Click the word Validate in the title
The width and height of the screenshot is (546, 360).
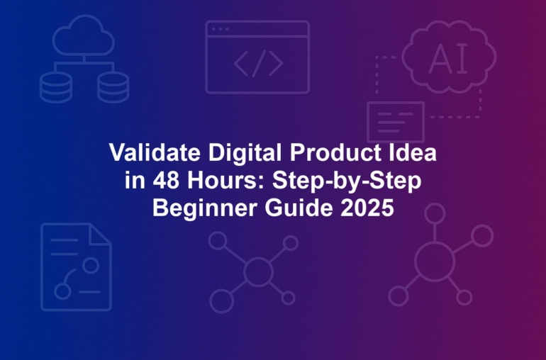pyautogui.click(x=155, y=153)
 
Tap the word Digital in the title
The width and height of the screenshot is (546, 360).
pyautogui.click(x=245, y=154)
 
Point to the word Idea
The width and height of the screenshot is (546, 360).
pyautogui.click(x=413, y=153)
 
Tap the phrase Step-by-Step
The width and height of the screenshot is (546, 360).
pyautogui.click(x=347, y=181)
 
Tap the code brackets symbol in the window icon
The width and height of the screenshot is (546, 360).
pyautogui.click(x=258, y=63)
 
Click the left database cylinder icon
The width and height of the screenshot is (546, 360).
pyautogui.click(x=56, y=87)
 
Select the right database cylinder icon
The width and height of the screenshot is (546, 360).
pyautogui.click(x=113, y=87)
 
